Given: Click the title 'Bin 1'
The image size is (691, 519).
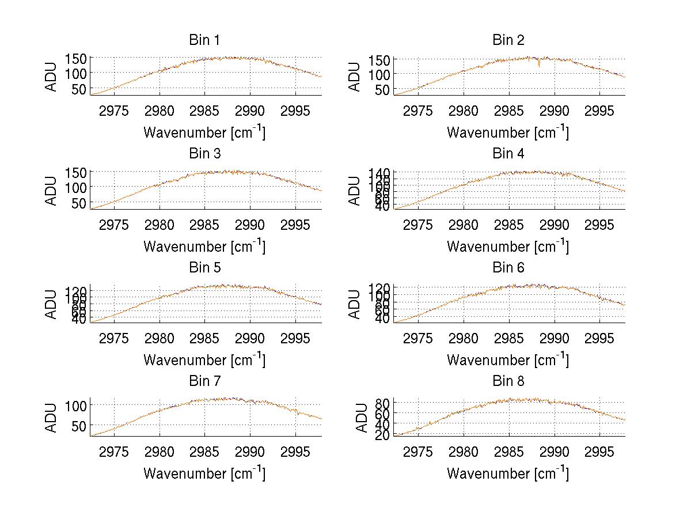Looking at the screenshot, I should pos(204,40).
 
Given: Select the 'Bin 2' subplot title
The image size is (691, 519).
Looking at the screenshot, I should pos(508,40).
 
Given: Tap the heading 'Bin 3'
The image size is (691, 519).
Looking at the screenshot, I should pos(204,154).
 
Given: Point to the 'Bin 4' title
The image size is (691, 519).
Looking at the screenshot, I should pos(508,154).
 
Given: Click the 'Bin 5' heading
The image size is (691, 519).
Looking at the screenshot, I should pos(204,268).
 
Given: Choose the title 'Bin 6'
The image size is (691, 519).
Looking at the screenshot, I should pos(508,268).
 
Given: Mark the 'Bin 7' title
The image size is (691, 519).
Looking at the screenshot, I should pos(204,381).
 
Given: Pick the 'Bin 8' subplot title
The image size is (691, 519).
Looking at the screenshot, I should pos(508,381).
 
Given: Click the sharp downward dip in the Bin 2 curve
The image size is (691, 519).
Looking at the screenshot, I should pos(539,66).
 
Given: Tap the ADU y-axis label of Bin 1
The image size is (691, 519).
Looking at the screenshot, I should pos(52,76).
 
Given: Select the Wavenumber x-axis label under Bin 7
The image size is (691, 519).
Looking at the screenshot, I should pos(204,473).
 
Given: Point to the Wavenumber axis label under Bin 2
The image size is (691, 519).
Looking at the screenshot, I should pos(508,132).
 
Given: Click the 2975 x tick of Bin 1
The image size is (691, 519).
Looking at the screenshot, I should pos(114,111).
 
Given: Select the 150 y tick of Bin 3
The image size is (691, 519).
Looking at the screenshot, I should pos(78,172).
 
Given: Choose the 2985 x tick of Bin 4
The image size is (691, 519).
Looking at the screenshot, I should pos(508,225).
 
